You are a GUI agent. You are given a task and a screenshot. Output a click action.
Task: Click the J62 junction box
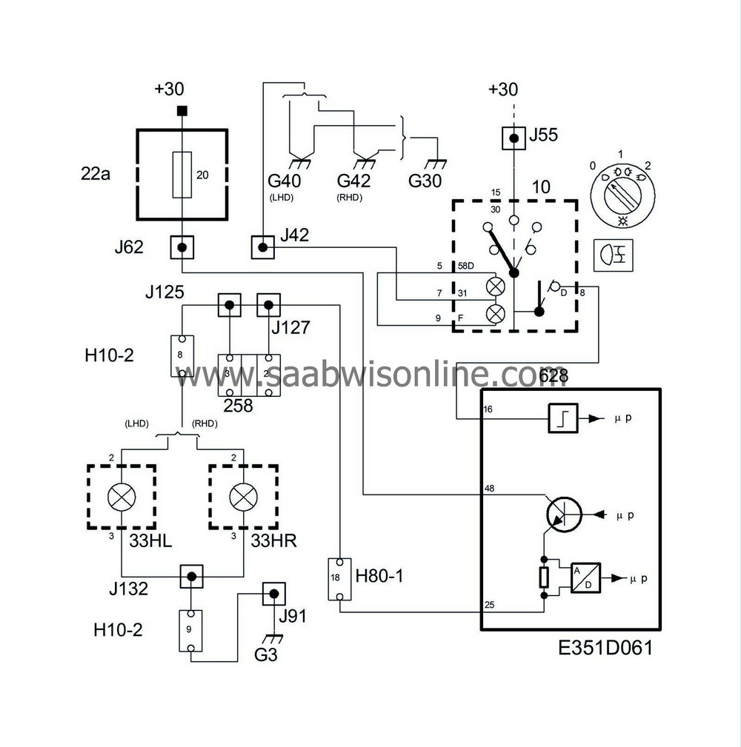point(182,247)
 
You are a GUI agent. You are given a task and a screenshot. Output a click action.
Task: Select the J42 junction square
point(262,247)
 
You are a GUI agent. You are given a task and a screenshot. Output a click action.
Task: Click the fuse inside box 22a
point(182,175)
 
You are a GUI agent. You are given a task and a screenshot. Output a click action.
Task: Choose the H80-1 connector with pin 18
point(339,579)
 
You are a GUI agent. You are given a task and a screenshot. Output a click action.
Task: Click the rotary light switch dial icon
point(622,191)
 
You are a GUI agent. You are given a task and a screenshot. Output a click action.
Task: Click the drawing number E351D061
point(605,649)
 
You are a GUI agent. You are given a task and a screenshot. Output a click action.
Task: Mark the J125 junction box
point(230,304)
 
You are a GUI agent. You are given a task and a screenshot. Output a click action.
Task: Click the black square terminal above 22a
point(182,112)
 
